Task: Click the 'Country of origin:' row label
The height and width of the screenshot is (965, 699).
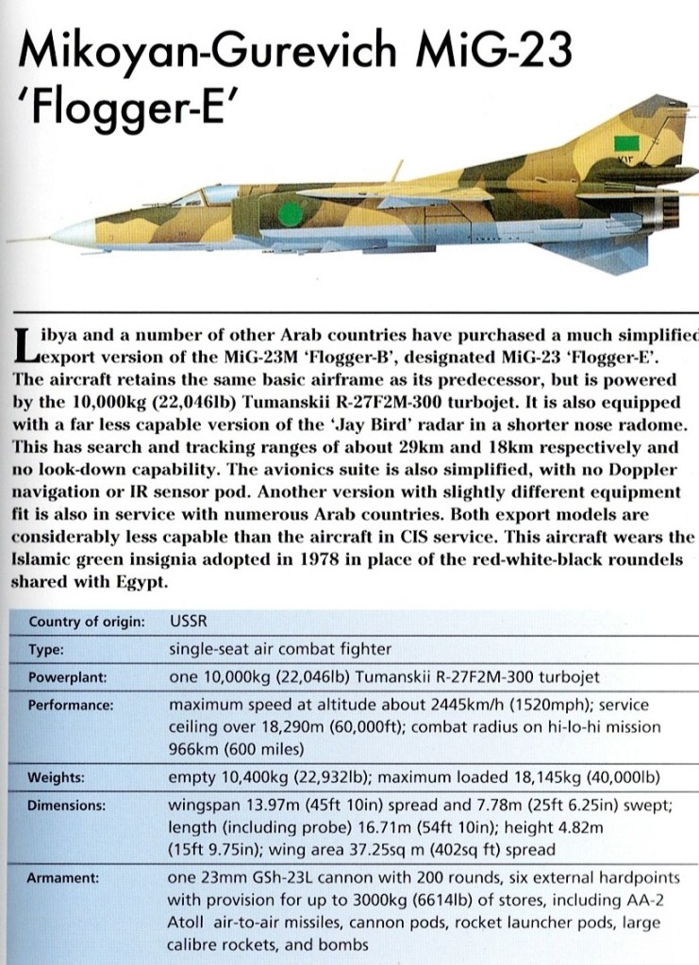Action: (87, 622)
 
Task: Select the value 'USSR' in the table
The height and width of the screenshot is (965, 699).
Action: (188, 622)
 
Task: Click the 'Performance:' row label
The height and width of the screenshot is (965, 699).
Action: (70, 706)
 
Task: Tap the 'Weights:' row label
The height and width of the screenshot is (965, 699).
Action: (57, 778)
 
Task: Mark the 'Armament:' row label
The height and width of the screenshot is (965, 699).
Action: (64, 878)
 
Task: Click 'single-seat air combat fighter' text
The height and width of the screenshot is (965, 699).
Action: (279, 650)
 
